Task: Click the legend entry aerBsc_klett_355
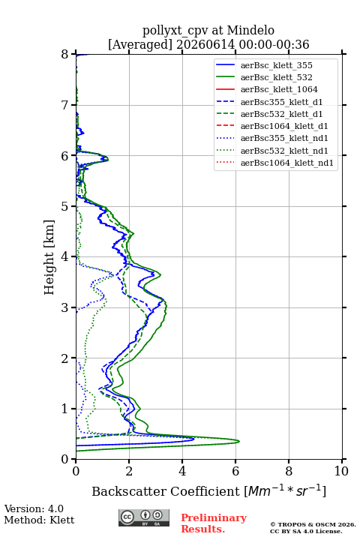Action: tap(276, 65)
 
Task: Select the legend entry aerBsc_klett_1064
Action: tap(279, 89)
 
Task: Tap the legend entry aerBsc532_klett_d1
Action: tap(281, 114)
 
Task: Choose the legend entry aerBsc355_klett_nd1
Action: tap(284, 138)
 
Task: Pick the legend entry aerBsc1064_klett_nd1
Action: tap(287, 163)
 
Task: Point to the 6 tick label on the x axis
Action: tap(235, 471)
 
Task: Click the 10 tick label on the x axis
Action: tap(341, 471)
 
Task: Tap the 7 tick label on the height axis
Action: tap(65, 105)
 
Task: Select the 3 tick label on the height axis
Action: tap(65, 307)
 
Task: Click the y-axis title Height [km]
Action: tap(49, 257)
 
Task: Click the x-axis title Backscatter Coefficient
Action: tap(166, 491)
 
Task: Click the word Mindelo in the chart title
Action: tap(250, 30)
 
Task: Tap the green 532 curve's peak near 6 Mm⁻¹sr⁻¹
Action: tap(238, 441)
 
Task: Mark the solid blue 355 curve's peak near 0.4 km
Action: tap(193, 439)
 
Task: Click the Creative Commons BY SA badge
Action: tap(144, 517)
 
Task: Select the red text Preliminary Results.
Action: tap(214, 523)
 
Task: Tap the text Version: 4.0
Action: tap(34, 508)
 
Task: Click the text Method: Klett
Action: tap(39, 520)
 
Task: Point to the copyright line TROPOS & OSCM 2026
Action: tap(313, 524)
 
